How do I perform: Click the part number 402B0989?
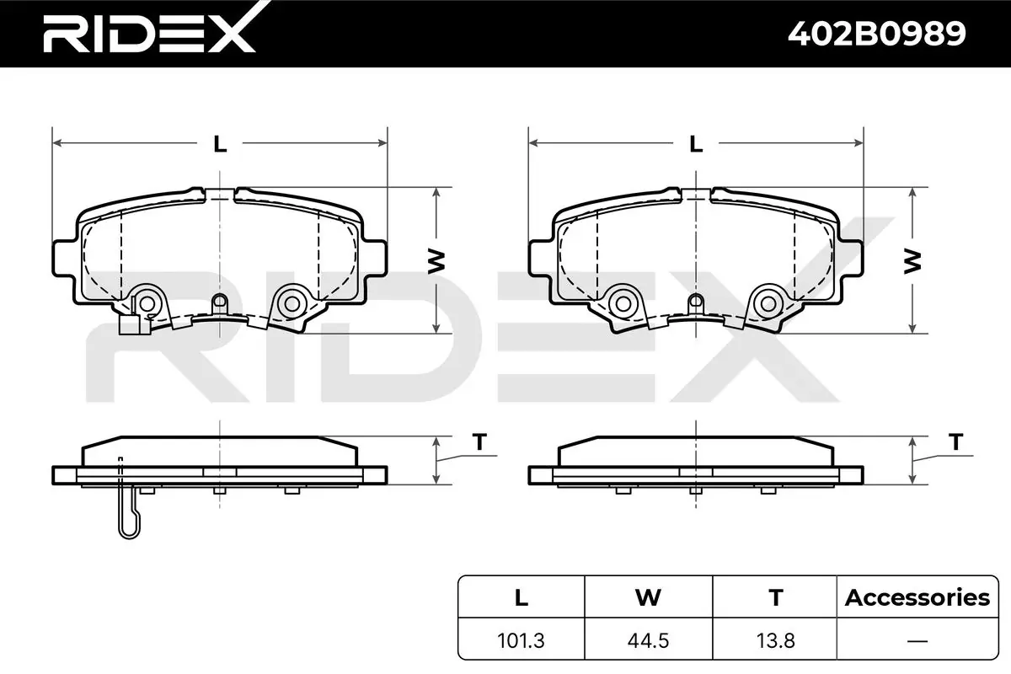876,34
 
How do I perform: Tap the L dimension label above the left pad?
220,144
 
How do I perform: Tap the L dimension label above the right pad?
696,144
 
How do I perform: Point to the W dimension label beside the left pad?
436,261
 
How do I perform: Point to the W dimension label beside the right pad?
912,261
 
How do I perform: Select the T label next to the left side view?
479,441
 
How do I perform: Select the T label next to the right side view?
956,441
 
